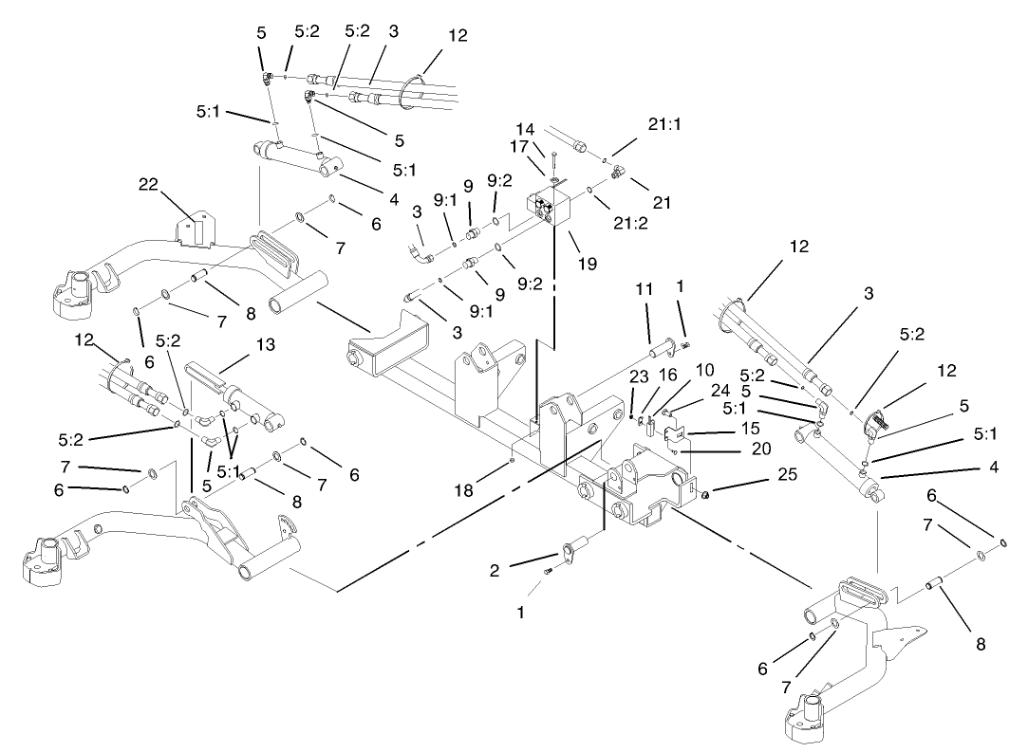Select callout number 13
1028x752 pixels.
[x=267, y=345]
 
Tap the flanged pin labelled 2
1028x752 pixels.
[x=576, y=548]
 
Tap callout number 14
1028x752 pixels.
[x=525, y=128]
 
